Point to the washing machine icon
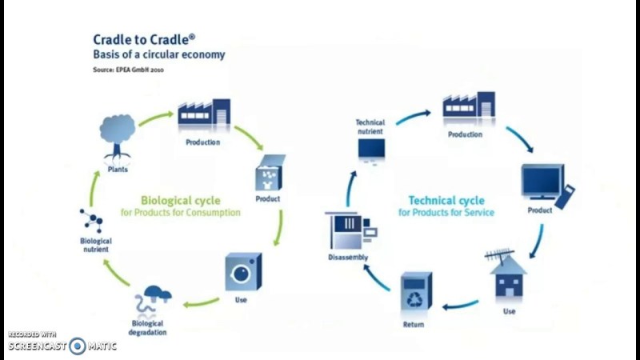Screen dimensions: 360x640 pos(242,271)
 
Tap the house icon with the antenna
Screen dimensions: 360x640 pos(507,276)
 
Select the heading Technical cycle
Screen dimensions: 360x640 pos(446,201)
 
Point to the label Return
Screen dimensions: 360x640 pos(414,325)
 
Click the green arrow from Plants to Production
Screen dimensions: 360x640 pos(154,118)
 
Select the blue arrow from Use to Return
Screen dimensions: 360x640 pos(461,305)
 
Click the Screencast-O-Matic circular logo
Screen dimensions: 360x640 pos(78,346)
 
